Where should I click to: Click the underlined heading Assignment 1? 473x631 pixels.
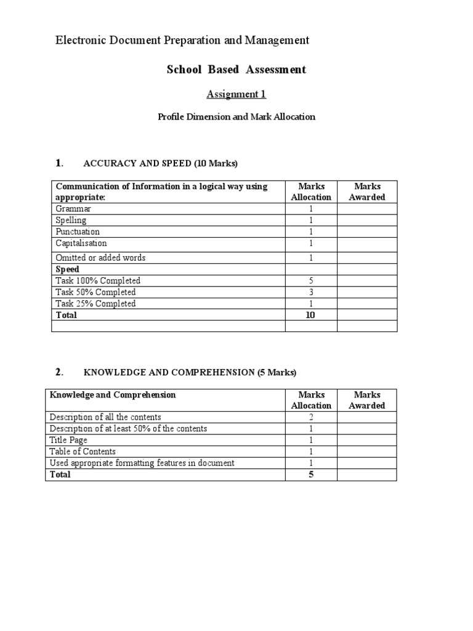236,94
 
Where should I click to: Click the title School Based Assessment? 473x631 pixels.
236,70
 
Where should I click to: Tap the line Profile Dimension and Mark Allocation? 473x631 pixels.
236,116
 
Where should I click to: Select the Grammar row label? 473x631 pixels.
73,209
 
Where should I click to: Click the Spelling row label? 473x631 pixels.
71,220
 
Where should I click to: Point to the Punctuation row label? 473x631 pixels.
77,232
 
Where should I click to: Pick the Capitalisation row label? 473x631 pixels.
81,243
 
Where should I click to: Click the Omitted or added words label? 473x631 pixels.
100,258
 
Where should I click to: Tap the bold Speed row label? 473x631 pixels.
67,269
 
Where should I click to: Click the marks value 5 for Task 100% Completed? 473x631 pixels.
311,281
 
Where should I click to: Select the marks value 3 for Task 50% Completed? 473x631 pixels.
311,292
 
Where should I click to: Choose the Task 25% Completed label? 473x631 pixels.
95,304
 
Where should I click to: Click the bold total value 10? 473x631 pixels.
311,315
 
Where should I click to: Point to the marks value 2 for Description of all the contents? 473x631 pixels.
311,417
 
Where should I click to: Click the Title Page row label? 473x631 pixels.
68,440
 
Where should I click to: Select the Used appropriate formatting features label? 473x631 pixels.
142,463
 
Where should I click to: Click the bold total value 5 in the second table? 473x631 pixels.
311,474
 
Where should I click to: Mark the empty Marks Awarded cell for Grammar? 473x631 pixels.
367,209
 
